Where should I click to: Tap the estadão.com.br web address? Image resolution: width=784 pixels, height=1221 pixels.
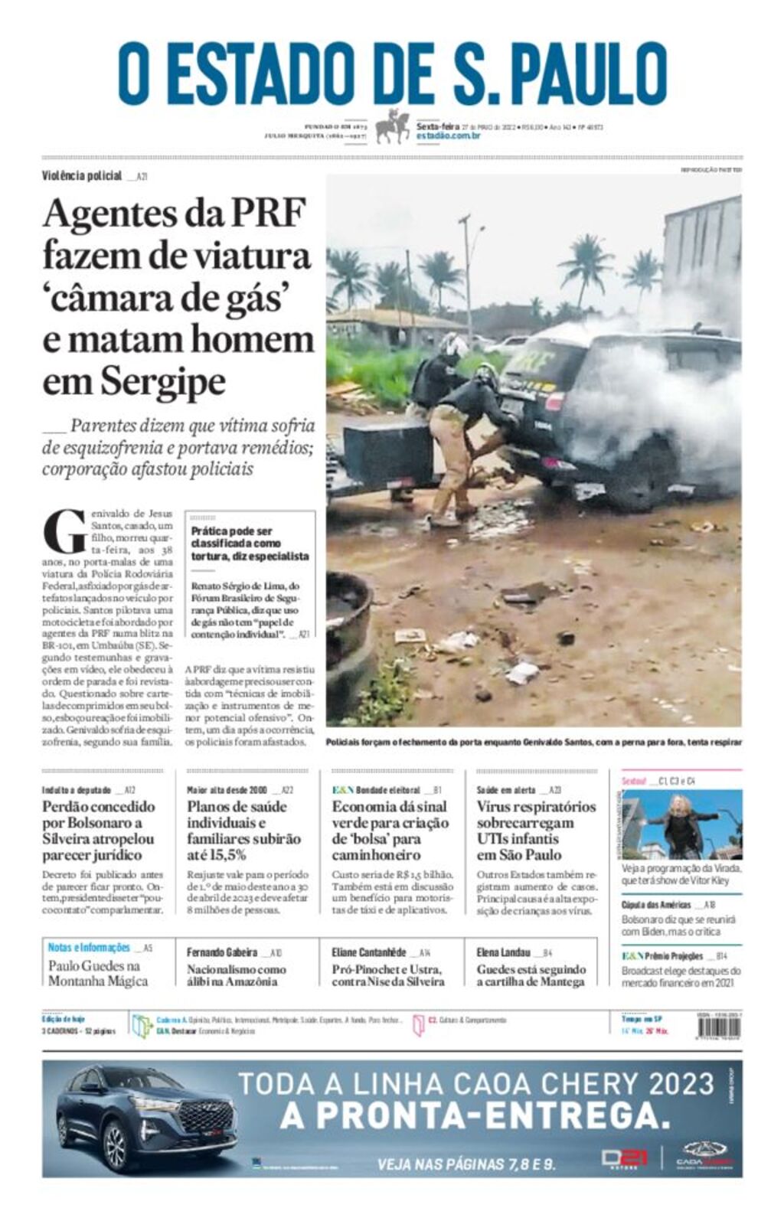pos(448,135)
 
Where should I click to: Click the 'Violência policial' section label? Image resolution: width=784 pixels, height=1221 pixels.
pos(82,176)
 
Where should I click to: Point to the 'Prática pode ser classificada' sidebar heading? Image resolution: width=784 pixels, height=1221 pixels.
pos(250,543)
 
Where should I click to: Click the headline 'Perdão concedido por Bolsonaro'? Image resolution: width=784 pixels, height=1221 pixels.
pos(98,830)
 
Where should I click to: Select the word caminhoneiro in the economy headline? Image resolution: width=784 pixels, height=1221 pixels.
pos(376,854)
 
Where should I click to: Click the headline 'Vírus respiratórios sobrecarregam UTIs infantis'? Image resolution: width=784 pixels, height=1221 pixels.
pos(535,830)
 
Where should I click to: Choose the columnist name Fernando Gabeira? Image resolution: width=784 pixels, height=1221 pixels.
pos(222,952)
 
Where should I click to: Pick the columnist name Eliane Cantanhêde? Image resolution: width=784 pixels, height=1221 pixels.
pos(369,952)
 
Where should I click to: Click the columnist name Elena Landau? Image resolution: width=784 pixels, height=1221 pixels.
pos(503,952)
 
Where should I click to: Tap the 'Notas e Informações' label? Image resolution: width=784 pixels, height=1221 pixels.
pos(89,948)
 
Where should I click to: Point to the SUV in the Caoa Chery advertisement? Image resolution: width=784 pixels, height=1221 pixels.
pos(145,1118)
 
